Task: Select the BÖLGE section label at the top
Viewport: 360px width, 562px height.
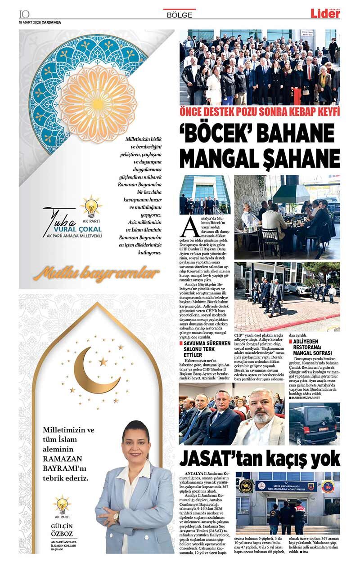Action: pos(180,15)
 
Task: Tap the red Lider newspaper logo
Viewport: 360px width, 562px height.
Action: pos(325,13)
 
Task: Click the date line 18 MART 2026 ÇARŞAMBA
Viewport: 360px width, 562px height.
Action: pos(40,22)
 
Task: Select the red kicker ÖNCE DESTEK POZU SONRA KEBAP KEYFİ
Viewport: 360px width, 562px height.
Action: pos(260,112)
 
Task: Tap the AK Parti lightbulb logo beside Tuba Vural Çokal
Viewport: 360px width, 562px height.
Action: pos(91,207)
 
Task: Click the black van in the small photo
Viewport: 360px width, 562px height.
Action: pos(313,424)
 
